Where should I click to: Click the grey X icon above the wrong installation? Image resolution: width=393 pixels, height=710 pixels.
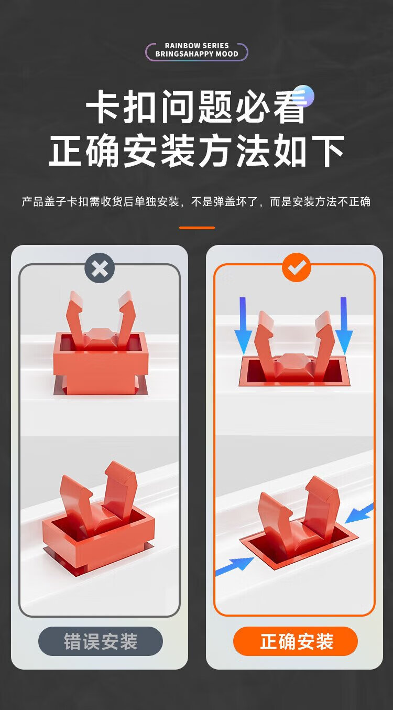(100, 268)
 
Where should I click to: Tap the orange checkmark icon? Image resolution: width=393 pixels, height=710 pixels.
(297, 267)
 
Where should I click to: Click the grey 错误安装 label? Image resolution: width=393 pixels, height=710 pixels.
(101, 641)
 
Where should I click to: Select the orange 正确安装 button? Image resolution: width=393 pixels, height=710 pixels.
(296, 641)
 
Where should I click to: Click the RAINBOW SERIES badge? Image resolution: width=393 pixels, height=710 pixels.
(196, 51)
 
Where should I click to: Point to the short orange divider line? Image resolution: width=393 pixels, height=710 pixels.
(196, 228)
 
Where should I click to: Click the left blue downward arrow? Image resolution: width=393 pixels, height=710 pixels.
(243, 326)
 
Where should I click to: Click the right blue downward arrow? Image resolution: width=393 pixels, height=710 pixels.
(344, 326)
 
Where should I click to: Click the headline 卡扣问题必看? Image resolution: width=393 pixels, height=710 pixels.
(196, 106)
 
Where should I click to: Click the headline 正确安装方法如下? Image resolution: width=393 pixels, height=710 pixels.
(196, 150)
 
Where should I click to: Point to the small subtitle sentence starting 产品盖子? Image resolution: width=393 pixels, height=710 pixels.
(196, 201)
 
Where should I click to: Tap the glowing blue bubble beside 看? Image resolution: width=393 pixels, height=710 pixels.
(304, 95)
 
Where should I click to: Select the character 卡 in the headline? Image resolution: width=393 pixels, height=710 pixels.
(103, 106)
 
